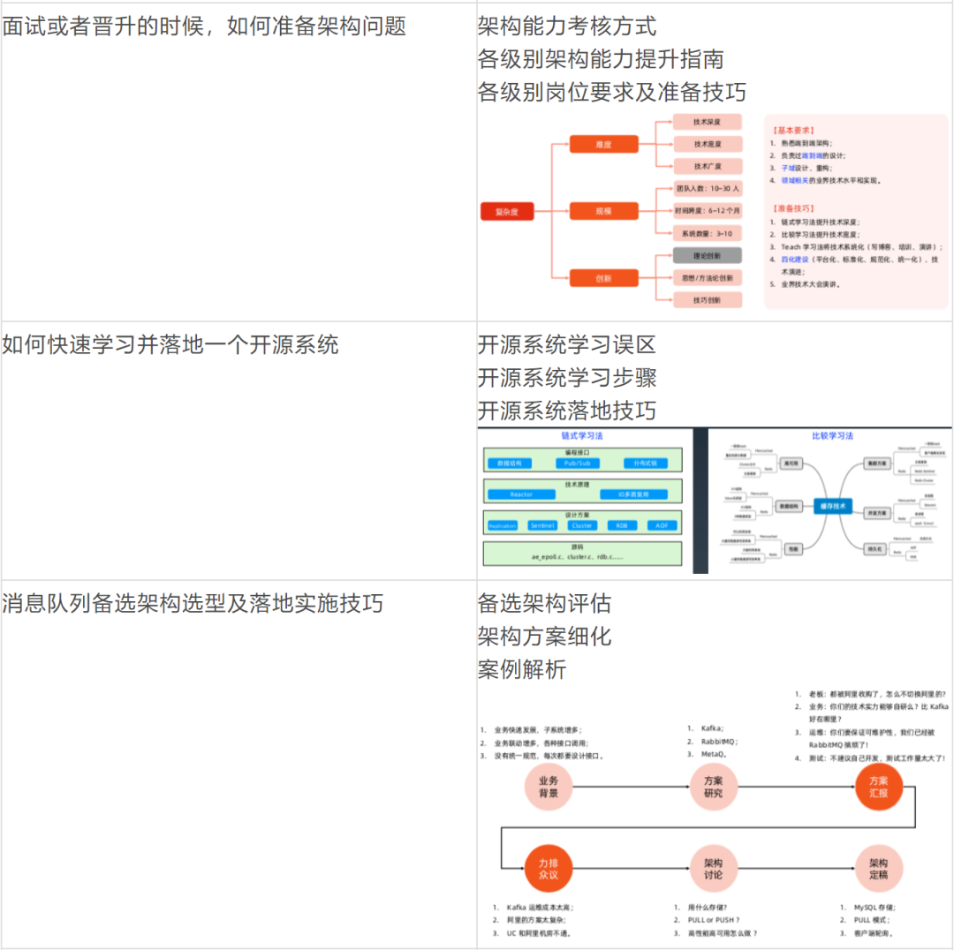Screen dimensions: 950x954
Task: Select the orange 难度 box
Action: [x=603, y=144]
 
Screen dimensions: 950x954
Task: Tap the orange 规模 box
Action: [x=603, y=211]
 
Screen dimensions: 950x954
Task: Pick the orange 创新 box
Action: [x=603, y=278]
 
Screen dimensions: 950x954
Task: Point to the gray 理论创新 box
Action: [x=707, y=256]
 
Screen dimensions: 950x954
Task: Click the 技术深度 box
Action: [x=707, y=121]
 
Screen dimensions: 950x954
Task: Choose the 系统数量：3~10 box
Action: [x=707, y=233]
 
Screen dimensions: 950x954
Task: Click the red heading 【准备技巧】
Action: [x=791, y=208]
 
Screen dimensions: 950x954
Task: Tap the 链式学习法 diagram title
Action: [x=583, y=436]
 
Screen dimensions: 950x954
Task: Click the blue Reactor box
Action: [x=521, y=494]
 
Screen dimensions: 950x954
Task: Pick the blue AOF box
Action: [x=661, y=525]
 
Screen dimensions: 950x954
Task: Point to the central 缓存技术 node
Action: [x=832, y=506]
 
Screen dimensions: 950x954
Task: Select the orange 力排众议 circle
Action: [x=549, y=869]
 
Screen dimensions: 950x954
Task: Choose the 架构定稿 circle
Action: [x=879, y=869]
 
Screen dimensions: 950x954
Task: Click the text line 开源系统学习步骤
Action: [x=567, y=378]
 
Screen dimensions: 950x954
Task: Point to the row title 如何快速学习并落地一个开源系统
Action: [x=170, y=344]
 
